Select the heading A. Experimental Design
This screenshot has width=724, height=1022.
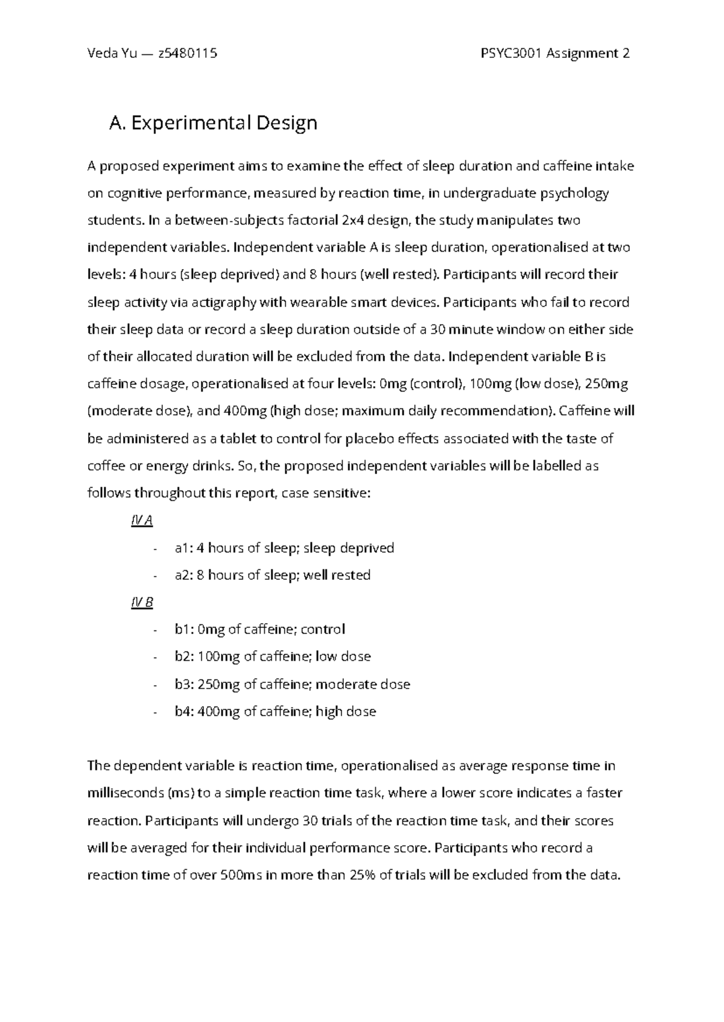(212, 123)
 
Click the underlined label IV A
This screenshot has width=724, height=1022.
(142, 521)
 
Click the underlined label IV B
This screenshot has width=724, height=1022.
(142, 602)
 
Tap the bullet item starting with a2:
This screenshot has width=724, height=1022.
(272, 575)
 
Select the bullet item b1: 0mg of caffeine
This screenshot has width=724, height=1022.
(259, 629)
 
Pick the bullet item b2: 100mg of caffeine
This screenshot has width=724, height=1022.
(273, 656)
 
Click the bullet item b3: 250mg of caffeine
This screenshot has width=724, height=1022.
(292, 684)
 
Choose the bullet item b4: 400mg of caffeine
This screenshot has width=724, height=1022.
(275, 711)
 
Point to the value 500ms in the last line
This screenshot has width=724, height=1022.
(241, 875)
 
